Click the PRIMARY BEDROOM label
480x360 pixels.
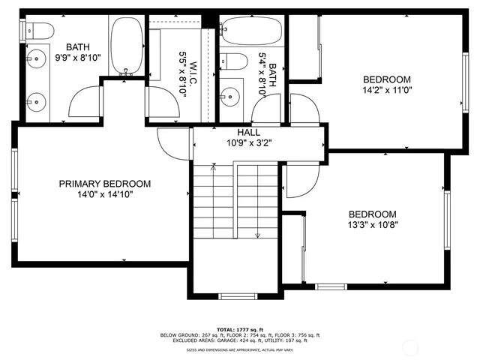[x=105, y=184]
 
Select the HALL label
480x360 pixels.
[x=249, y=131]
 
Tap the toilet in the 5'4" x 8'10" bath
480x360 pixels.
[x=234, y=61]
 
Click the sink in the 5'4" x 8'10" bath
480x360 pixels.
[x=230, y=95]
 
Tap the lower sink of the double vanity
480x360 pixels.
[x=35, y=97]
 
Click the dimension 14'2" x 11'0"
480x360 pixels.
[x=387, y=90]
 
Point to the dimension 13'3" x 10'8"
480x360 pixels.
[x=372, y=224]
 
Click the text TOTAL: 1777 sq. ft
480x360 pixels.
[x=241, y=330]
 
